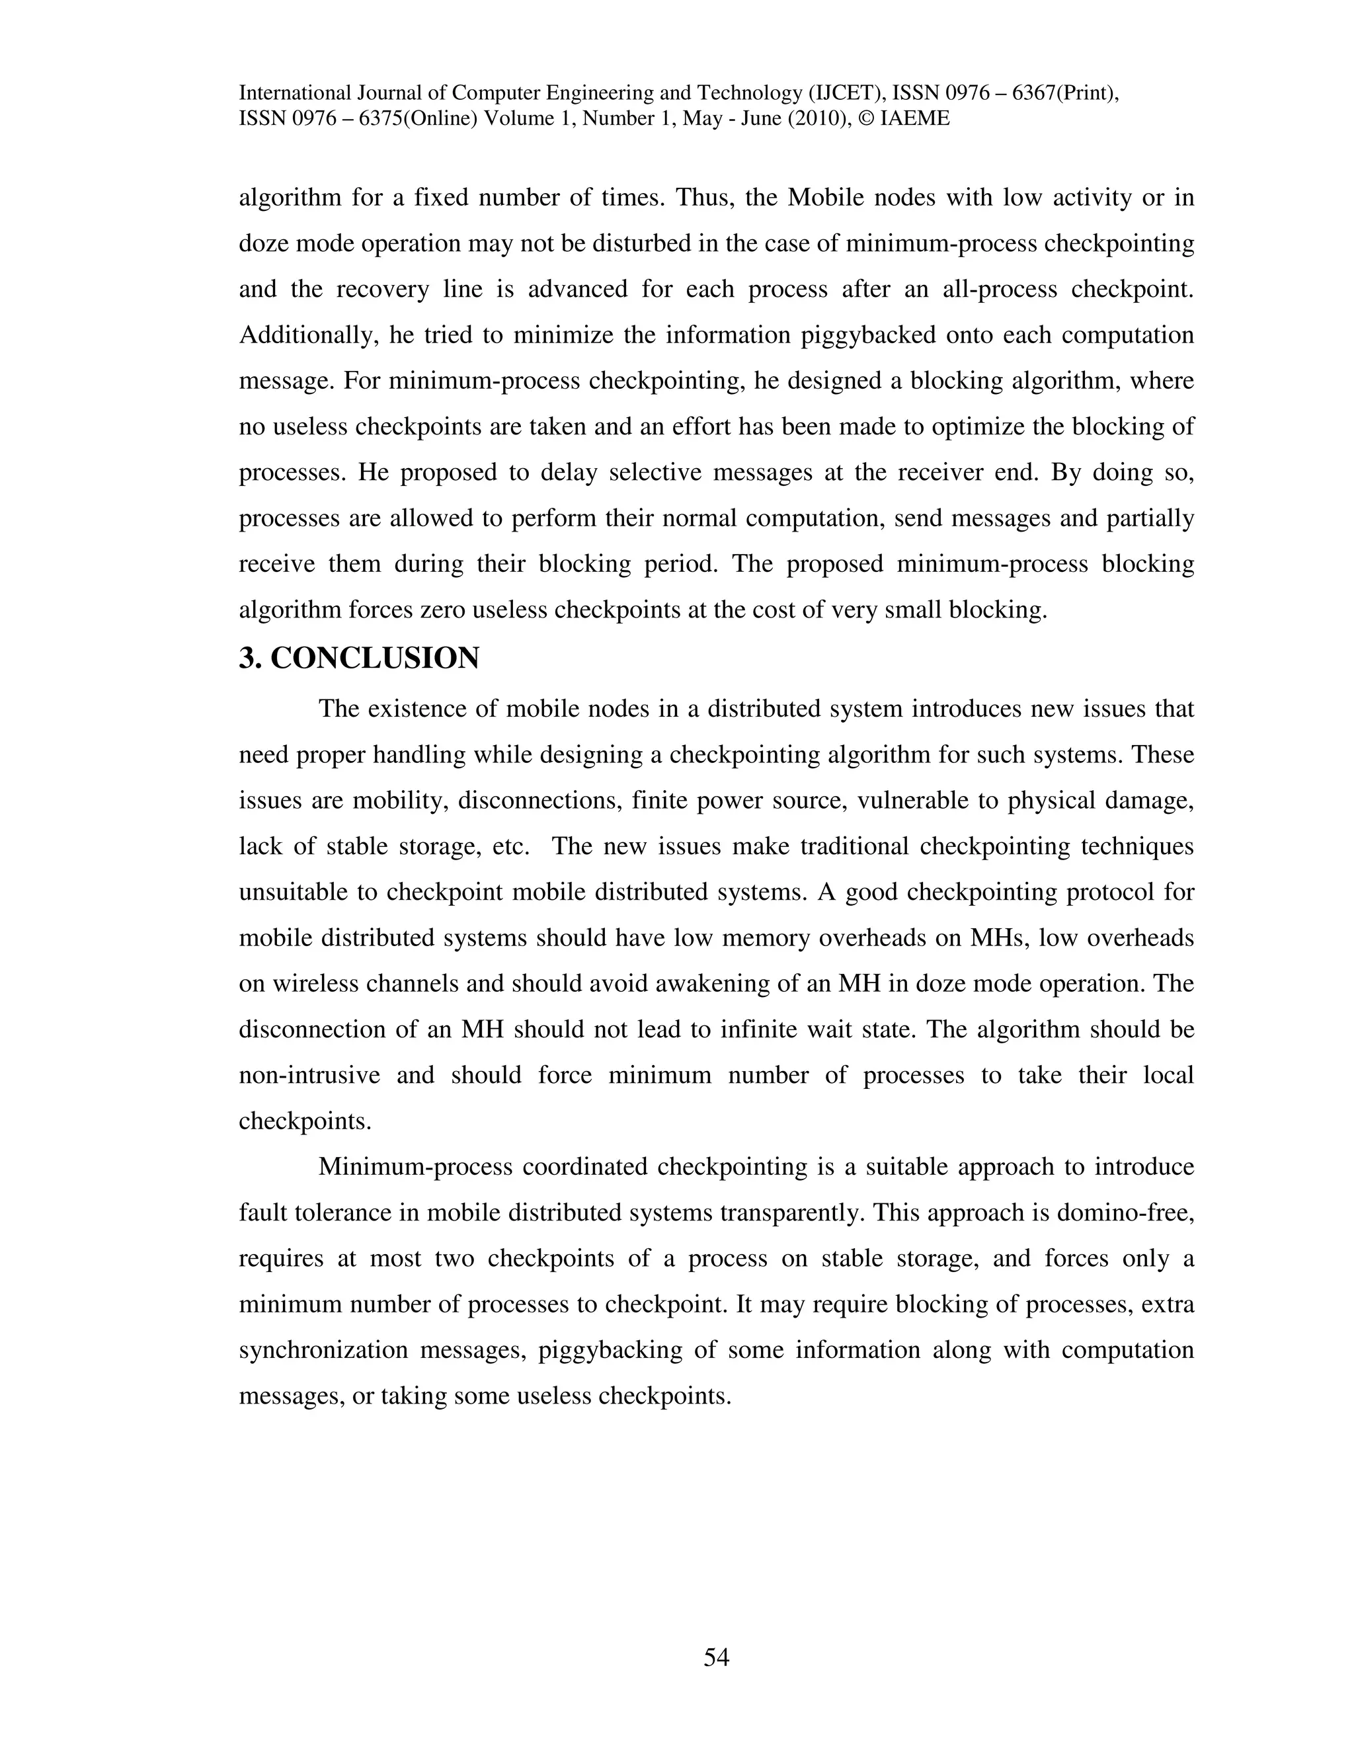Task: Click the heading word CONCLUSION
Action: pos(375,658)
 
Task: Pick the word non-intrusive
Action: pos(309,1075)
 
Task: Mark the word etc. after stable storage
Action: pos(508,846)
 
